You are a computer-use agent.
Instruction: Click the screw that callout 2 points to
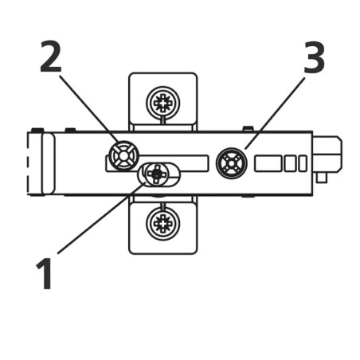pyautogui.click(x=123, y=155)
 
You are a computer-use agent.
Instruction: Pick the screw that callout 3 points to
pyautogui.click(x=232, y=163)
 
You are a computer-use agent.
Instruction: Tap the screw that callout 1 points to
pyautogui.click(x=157, y=174)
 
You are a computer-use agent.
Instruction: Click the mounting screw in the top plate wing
pyautogui.click(x=162, y=102)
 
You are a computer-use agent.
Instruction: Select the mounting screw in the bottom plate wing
pyautogui.click(x=162, y=224)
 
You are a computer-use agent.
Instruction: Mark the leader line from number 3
pyautogui.click(x=275, y=113)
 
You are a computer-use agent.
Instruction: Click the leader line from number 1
pyautogui.click(x=102, y=217)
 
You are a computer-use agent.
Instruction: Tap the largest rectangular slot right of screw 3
pyautogui.click(x=268, y=163)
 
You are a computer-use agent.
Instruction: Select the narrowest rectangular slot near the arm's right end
pyautogui.click(x=303, y=163)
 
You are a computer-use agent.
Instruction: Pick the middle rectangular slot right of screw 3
pyautogui.click(x=290, y=163)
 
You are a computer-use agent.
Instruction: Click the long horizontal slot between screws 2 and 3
pyautogui.click(x=174, y=158)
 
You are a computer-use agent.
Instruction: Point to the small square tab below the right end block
pyautogui.click(x=322, y=178)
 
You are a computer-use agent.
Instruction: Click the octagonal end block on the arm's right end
pyautogui.click(x=327, y=155)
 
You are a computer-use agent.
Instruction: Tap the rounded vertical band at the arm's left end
pyautogui.click(x=49, y=163)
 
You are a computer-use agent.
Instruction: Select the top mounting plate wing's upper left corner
pyautogui.click(x=129, y=73)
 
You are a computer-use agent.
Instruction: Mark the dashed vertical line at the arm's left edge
pyautogui.click(x=28, y=163)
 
